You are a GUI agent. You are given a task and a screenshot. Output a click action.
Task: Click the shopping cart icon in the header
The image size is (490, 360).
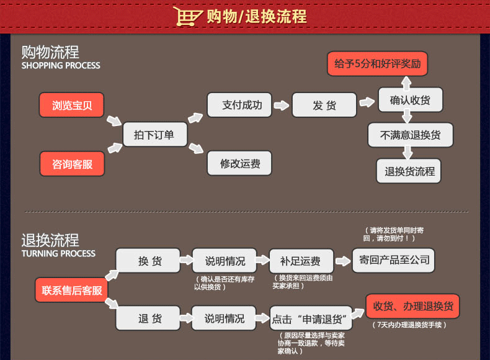188,16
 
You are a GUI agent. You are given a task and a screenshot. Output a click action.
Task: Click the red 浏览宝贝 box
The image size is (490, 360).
72,105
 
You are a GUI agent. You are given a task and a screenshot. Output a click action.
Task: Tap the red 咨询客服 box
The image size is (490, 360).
72,164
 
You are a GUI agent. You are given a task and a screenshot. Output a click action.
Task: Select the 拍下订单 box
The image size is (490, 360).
154,134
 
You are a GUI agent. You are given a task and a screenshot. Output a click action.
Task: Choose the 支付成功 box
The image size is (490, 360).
239,105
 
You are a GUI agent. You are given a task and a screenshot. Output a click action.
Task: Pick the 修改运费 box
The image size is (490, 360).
239,164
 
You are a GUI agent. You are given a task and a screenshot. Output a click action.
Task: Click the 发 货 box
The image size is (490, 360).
324,106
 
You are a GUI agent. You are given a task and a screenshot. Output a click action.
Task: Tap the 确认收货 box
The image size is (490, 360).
410,99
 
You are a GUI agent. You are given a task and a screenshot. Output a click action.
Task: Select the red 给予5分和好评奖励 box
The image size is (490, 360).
377,64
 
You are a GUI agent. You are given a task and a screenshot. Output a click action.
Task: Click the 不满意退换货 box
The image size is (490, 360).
410,135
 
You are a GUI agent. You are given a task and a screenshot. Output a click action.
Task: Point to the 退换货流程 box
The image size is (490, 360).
409,171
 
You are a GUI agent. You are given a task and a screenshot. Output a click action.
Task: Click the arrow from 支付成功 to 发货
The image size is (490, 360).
282,106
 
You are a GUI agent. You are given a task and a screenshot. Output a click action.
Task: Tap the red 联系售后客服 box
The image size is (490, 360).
72,290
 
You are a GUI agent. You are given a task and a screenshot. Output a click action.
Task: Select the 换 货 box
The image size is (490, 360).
149,261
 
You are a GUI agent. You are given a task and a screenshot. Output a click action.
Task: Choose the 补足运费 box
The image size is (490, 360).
300,261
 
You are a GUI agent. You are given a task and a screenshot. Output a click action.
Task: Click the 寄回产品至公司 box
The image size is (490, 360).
393,259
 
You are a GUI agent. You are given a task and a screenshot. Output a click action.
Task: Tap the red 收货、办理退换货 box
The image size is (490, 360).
404,306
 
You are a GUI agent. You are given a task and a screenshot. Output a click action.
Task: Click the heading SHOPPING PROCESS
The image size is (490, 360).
61,65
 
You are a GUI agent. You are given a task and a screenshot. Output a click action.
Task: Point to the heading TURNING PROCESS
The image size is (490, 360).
59,253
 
